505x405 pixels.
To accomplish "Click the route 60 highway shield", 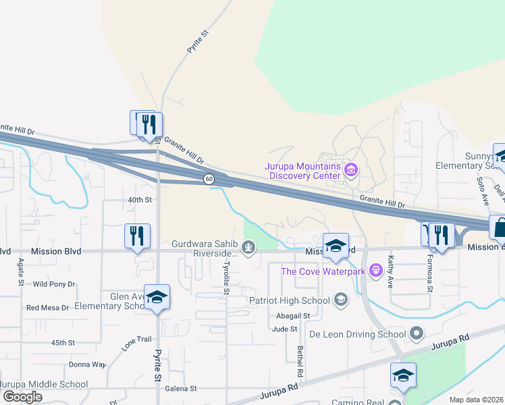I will pos(209,179).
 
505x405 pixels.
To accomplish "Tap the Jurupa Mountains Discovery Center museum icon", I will pos(350,169).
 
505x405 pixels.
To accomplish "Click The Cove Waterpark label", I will pos(323,271).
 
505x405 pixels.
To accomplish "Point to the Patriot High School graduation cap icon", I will pos(341,300).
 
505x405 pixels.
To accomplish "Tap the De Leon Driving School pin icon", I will pos(417,333).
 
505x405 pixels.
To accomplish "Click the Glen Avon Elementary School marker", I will pos(157,298).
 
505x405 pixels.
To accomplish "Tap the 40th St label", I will pos(140,200).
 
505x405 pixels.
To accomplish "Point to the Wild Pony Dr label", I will pos(54,284).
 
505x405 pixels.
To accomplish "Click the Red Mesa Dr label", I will pos(47,307).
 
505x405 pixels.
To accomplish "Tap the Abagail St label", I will pos(293,315).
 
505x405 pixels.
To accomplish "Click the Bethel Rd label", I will pos(300,361).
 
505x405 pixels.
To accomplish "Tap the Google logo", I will pos(22,397).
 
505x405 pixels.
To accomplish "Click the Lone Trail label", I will pos(137,343).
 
